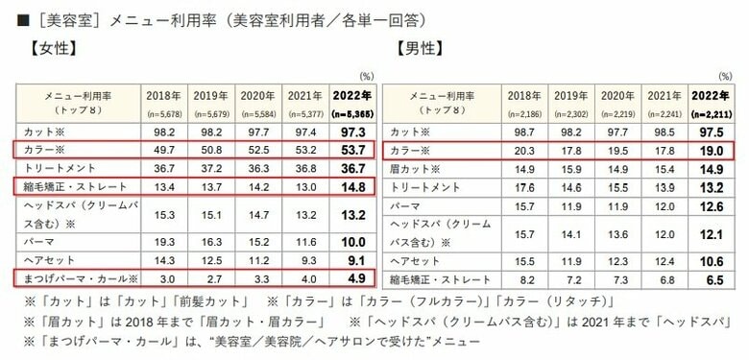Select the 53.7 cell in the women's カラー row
coord(348,150)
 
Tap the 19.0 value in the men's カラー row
coord(711,150)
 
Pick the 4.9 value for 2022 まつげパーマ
coord(348,279)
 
